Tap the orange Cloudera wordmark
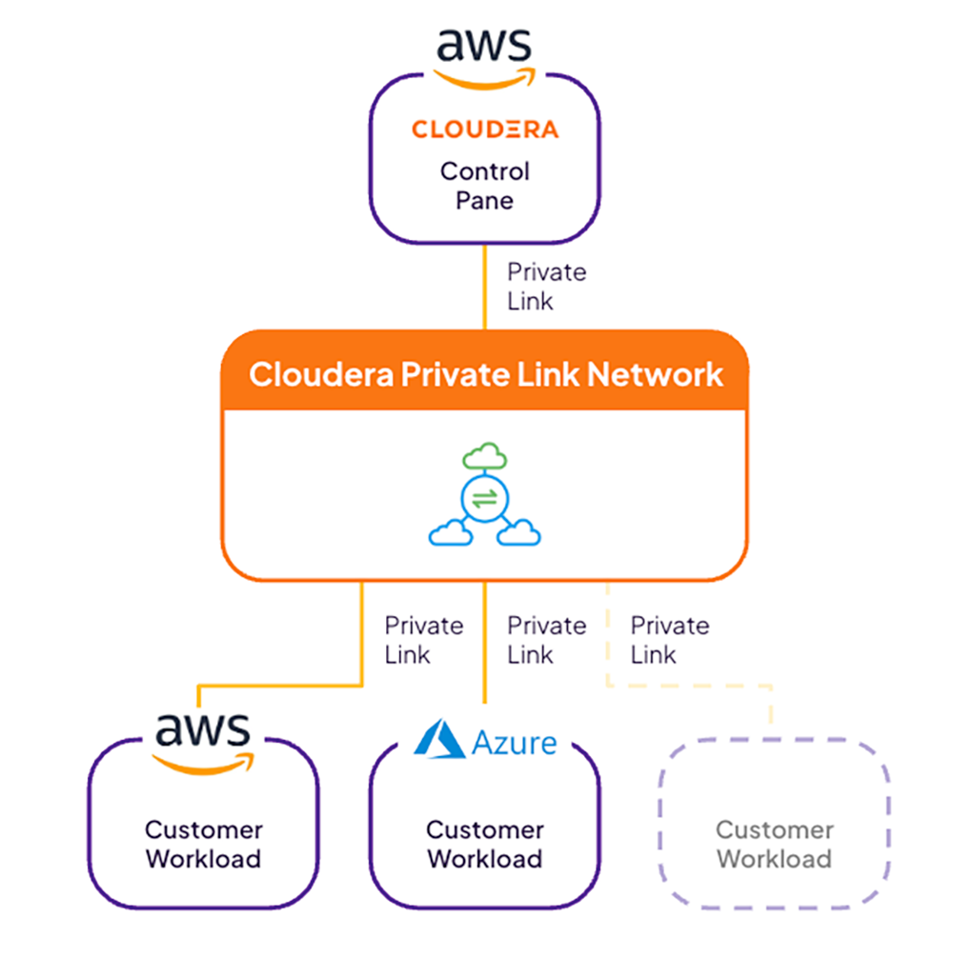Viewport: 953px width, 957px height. pyautogui.click(x=485, y=129)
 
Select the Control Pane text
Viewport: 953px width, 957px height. pyautogui.click(x=484, y=186)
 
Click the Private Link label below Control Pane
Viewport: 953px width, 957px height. pyautogui.click(x=545, y=286)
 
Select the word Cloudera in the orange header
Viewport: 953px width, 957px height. pyautogui.click(x=319, y=374)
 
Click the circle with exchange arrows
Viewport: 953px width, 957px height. pyautogui.click(x=485, y=499)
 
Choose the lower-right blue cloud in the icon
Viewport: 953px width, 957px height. pyautogui.click(x=519, y=533)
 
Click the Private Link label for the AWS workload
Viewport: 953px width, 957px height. pyautogui.click(x=423, y=640)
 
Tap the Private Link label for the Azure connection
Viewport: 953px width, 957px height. pyautogui.click(x=545, y=640)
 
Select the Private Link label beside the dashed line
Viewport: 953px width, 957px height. pyautogui.click(x=669, y=640)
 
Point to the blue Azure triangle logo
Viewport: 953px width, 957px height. pyautogui.click(x=439, y=740)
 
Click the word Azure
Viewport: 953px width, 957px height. pyautogui.click(x=514, y=742)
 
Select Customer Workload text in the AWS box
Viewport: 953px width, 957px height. pyautogui.click(x=203, y=844)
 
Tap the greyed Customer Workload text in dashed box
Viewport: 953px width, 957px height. pyautogui.click(x=774, y=844)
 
